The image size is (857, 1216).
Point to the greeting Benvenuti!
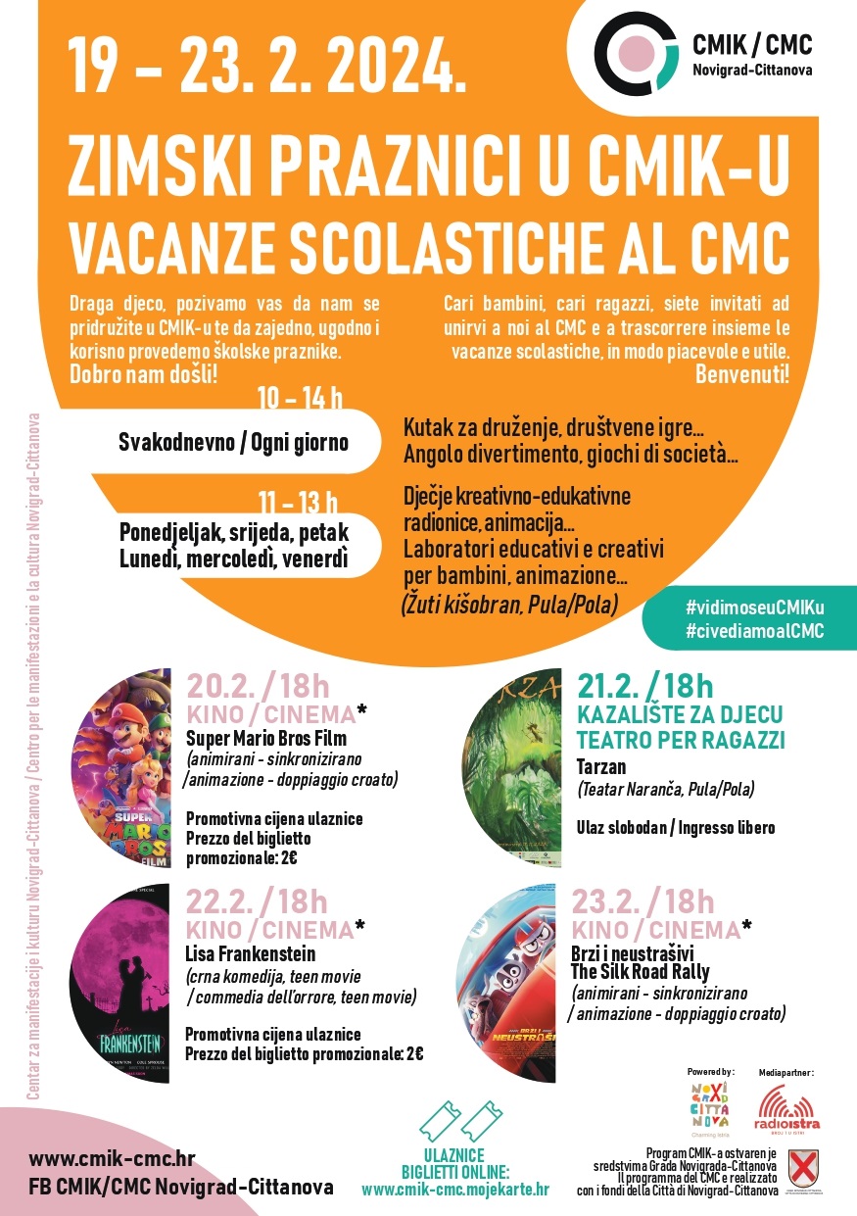pyautogui.click(x=742, y=373)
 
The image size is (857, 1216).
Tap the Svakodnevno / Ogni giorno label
pyautogui.click(x=233, y=442)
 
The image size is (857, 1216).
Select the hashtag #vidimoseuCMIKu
pyautogui.click(x=754, y=608)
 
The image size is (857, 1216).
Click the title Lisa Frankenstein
pyautogui.click(x=251, y=953)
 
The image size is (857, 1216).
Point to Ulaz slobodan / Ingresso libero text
pyautogui.click(x=676, y=828)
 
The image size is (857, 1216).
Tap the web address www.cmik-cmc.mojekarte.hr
pyautogui.click(x=455, y=1190)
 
